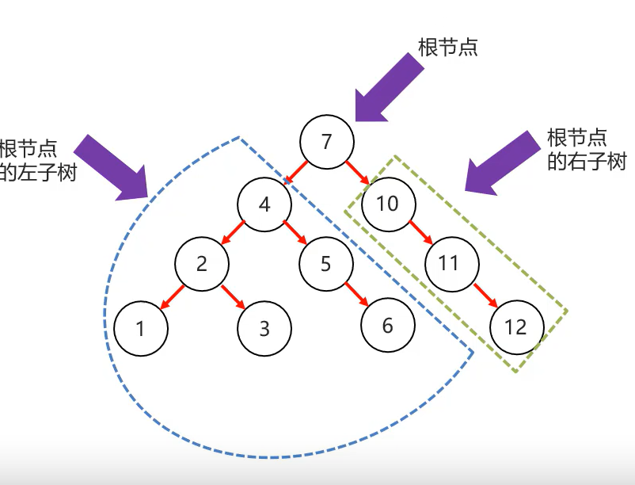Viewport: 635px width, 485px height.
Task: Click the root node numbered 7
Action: (326, 143)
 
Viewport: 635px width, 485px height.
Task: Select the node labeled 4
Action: (264, 204)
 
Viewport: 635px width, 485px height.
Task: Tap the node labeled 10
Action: (387, 204)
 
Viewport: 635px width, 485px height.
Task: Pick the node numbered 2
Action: (202, 263)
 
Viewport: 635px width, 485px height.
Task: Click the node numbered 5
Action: (325, 263)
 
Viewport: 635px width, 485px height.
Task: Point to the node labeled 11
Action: (449, 263)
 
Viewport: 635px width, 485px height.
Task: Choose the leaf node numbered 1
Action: (140, 327)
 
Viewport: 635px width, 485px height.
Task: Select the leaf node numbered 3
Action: (264, 327)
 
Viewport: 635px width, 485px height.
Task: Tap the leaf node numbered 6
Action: (387, 326)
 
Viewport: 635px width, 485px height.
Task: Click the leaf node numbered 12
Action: (515, 327)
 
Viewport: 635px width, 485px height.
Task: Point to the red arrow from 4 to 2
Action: (234, 234)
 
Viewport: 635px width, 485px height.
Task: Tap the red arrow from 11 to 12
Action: (484, 295)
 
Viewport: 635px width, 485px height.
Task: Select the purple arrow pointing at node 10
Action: (500, 163)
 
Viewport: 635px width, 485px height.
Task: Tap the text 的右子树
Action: (586, 162)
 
